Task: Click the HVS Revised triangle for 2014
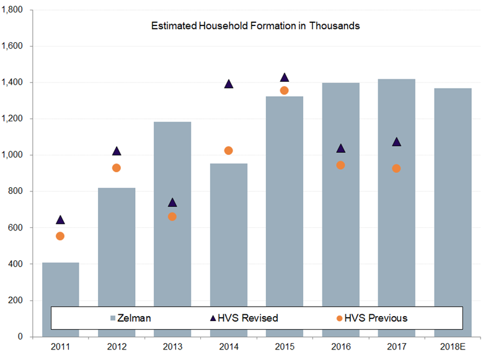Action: (228, 84)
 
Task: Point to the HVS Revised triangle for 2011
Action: (60, 219)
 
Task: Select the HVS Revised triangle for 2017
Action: (396, 142)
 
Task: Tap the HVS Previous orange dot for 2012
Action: (117, 168)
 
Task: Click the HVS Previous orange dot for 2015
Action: (285, 90)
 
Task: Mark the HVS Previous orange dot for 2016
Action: (340, 165)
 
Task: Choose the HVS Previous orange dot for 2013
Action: (172, 217)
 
